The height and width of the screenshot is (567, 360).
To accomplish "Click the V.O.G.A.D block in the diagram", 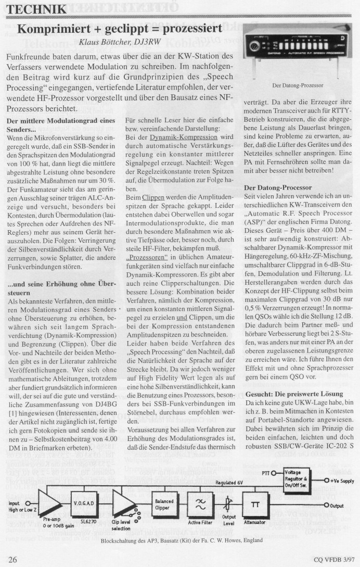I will pos(83,503).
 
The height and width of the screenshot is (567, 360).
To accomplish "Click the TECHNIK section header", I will pos(37,9).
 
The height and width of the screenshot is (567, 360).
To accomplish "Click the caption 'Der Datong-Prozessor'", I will pos(298,85).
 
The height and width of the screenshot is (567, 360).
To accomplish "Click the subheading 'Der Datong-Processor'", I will pos(278,187).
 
